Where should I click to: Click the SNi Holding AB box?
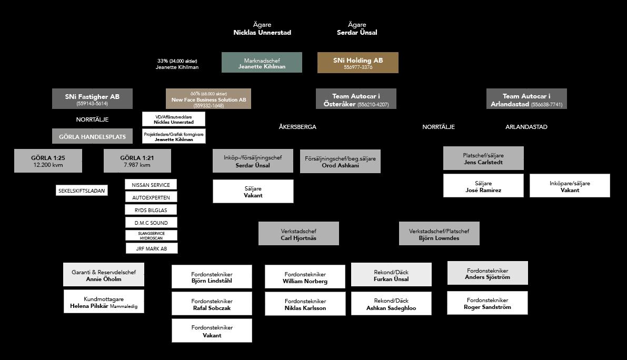click(x=357, y=63)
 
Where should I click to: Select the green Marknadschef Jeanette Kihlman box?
click(x=262, y=63)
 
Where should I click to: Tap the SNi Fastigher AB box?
click(x=92, y=99)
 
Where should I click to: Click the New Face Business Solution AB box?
click(x=208, y=99)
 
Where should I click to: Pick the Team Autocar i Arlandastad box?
click(x=526, y=99)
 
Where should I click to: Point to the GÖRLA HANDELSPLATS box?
click(x=92, y=136)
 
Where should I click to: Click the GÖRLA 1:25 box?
click(x=48, y=161)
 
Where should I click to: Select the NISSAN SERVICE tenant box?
click(x=151, y=185)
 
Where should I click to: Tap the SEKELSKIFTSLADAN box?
click(x=82, y=191)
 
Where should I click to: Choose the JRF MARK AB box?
click(x=152, y=248)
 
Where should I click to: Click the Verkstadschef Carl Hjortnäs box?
click(x=298, y=234)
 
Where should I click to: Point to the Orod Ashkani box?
click(x=340, y=161)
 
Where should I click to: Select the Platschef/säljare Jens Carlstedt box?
click(x=483, y=158)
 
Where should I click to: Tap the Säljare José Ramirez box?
click(x=483, y=186)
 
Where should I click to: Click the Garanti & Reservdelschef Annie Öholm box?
click(x=104, y=275)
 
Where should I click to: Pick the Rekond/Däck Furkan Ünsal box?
click(x=391, y=275)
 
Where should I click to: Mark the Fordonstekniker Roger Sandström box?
click(x=487, y=303)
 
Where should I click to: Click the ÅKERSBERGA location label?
click(x=297, y=127)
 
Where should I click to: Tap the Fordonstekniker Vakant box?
click(x=212, y=331)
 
